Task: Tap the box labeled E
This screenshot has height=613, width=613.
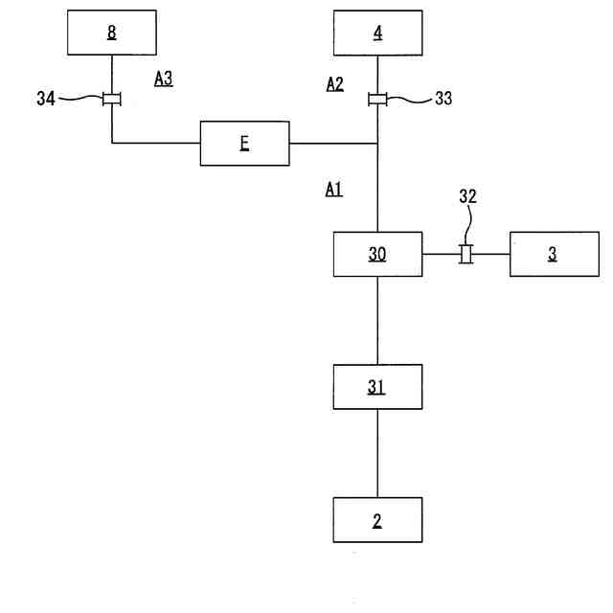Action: [x=244, y=144]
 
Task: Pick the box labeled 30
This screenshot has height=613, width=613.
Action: [x=377, y=254]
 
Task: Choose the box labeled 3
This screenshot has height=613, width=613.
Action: [x=553, y=254]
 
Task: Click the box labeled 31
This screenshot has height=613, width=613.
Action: [x=377, y=387]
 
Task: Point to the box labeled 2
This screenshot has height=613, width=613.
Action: [x=377, y=520]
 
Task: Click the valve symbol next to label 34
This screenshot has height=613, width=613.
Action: [x=112, y=98]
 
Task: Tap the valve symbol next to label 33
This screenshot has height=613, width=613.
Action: [x=377, y=98]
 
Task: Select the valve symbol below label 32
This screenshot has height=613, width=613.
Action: [x=466, y=254]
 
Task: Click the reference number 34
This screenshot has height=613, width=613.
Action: [x=46, y=98]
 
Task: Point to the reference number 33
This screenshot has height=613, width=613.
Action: [x=443, y=97]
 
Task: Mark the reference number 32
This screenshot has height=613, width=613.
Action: [x=466, y=197]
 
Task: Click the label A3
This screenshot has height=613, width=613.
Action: [x=163, y=79]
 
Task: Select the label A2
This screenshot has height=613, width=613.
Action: [x=334, y=84]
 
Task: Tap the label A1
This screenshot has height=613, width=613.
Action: [x=333, y=190]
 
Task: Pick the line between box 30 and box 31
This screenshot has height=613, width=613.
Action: [x=377, y=321]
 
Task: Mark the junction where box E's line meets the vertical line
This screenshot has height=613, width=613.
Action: [x=377, y=144]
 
